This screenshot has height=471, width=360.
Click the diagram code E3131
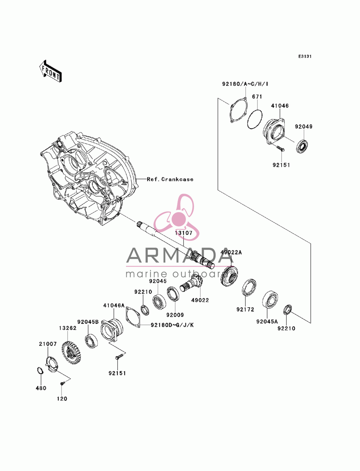coord(305,56)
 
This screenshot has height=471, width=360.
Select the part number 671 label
coord(257,97)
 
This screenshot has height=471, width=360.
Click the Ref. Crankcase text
coord(170,179)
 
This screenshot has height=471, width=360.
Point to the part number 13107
coord(183,233)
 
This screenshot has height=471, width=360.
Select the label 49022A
coord(231,253)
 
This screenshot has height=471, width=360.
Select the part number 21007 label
coord(48,344)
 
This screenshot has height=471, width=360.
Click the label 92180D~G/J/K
coord(172,325)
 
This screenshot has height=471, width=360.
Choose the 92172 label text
coord(245,309)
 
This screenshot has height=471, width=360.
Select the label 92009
coord(175,315)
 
